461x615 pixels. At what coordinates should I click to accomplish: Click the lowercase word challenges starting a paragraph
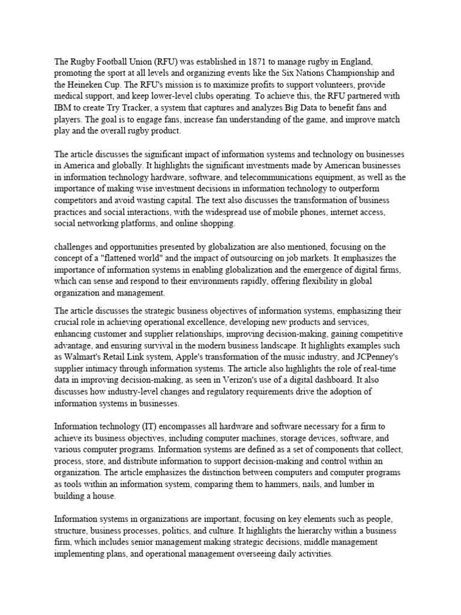pos(76,246)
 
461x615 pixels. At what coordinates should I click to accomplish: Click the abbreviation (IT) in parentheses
pos(149,426)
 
